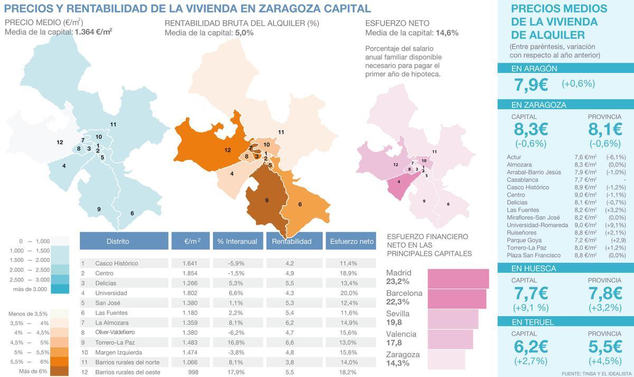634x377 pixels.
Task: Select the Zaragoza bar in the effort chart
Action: point(446,360)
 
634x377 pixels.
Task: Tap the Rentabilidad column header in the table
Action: point(292,241)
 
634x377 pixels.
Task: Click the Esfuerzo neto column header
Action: point(351,241)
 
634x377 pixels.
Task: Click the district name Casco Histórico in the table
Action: point(116,263)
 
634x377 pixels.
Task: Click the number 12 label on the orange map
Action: point(228,150)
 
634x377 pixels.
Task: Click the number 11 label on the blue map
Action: point(113,124)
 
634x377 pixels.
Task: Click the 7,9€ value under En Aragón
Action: point(531,84)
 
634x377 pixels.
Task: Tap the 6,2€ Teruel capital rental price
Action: point(531,347)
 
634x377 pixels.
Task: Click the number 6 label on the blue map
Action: point(132,214)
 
